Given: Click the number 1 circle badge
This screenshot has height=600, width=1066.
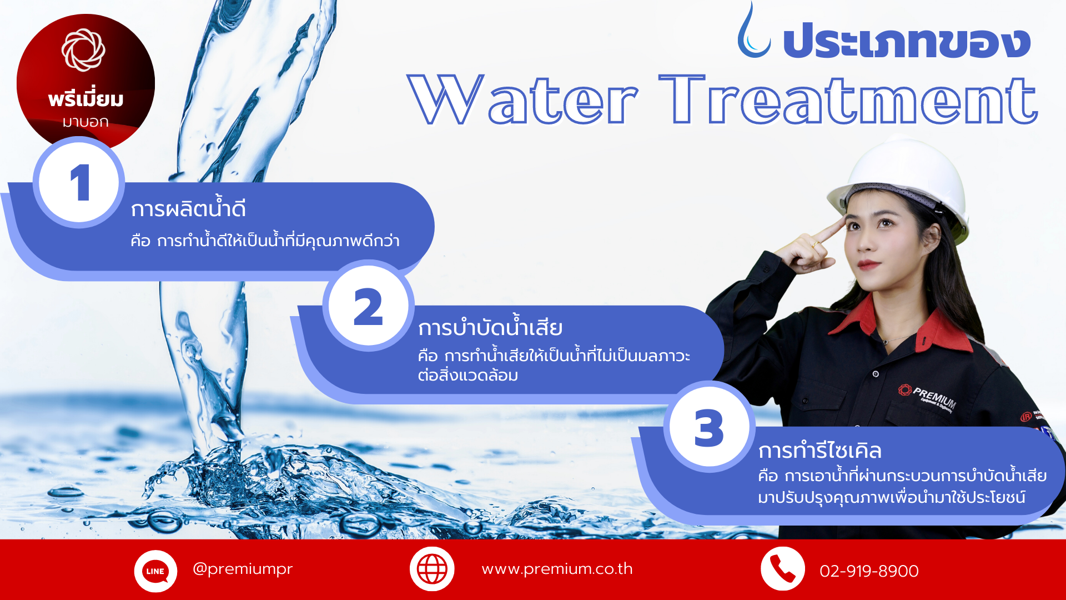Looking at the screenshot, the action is (79, 182).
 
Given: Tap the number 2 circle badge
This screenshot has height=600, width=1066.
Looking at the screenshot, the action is (368, 306).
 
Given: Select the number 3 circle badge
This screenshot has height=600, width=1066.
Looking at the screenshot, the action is (710, 427).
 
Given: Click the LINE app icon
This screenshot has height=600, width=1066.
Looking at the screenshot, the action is (155, 571).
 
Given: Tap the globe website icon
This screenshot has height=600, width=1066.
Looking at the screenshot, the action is (432, 569).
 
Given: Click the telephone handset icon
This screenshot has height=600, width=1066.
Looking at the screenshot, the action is (783, 569).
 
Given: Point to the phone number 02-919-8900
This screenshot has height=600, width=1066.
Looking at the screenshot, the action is (869, 571).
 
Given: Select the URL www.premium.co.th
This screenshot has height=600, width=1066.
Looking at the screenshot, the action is (557, 569).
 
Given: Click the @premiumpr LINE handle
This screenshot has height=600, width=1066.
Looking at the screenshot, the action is (242, 569).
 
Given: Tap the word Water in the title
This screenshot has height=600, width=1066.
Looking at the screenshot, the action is (522, 100).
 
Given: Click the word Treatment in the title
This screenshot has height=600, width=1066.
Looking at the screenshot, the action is (848, 100).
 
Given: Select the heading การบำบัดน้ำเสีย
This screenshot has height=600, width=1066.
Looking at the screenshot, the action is (490, 326).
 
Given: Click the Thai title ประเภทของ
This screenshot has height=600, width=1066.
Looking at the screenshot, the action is (907, 41).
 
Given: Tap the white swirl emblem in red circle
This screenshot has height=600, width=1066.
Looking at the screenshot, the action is (83, 50).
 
